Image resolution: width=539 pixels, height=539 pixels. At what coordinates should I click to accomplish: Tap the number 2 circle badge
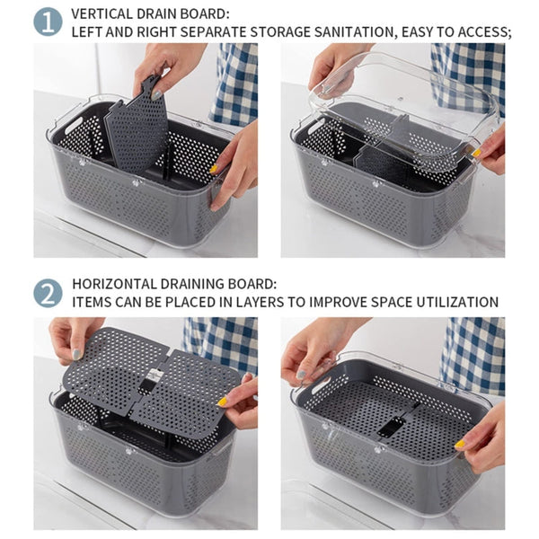48,292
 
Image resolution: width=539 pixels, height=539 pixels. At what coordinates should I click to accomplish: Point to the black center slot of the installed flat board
391,426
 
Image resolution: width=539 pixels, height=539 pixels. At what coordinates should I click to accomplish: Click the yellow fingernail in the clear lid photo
478,154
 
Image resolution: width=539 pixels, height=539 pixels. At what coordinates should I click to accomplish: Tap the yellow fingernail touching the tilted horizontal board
222,402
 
